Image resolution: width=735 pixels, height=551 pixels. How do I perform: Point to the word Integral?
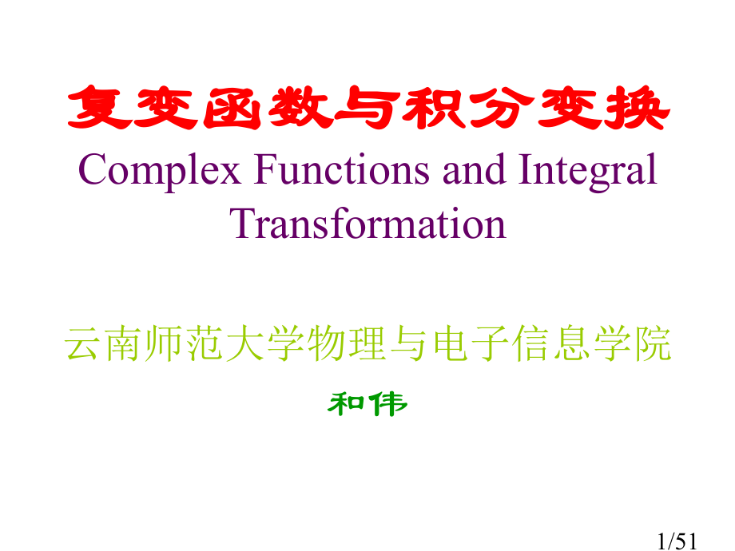click(x=589, y=170)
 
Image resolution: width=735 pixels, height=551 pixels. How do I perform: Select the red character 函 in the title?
click(x=232, y=110)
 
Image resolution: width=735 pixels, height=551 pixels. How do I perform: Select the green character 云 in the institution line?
click(x=84, y=345)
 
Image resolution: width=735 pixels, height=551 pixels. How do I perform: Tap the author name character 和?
click(x=347, y=404)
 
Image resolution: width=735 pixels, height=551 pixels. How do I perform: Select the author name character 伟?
click(x=388, y=404)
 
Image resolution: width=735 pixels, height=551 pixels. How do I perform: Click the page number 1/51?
click(x=677, y=543)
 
